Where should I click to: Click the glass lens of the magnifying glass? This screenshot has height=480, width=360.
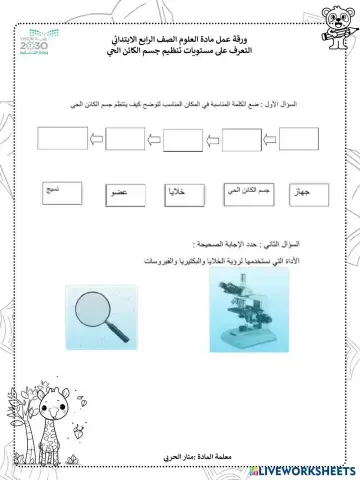click(x=95, y=304)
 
